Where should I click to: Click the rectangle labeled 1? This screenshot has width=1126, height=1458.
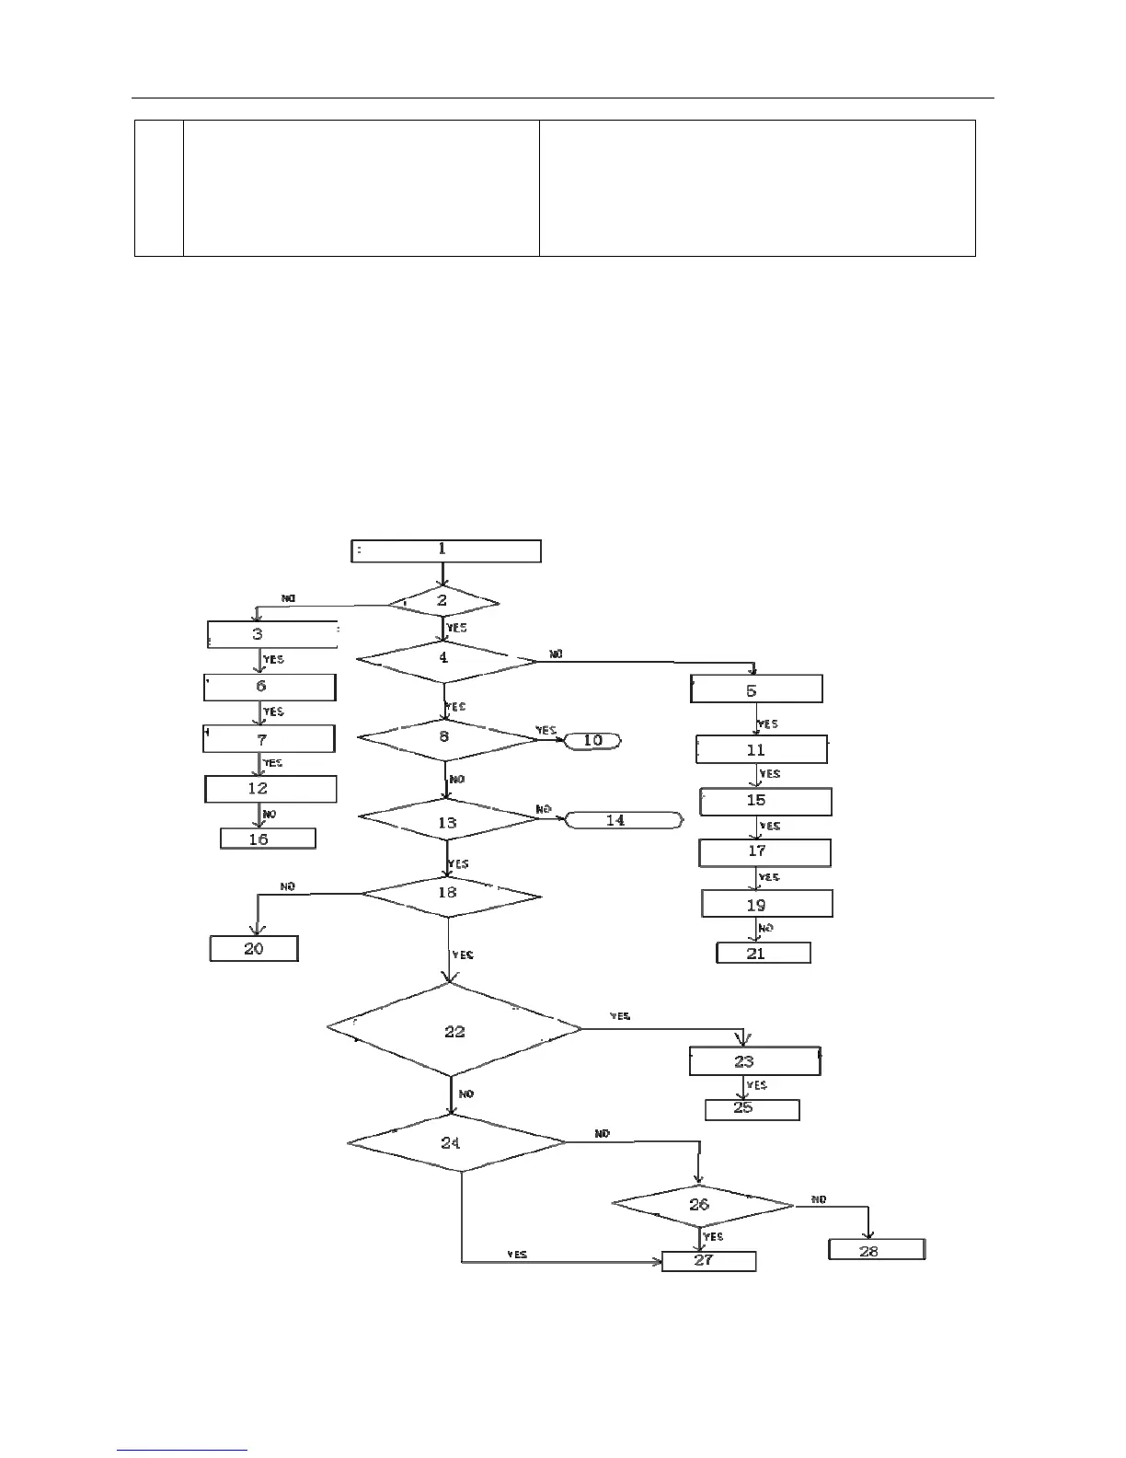[x=446, y=550]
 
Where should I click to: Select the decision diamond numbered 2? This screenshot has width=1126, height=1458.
[x=442, y=603]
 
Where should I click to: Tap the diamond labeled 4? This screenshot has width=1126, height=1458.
[x=446, y=660]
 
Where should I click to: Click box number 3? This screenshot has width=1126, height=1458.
[x=271, y=634]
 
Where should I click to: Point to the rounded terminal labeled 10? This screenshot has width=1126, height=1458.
[x=593, y=740]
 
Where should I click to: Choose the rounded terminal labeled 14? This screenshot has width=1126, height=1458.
[x=624, y=820]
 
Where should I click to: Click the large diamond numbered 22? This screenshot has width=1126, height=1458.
[x=454, y=1030]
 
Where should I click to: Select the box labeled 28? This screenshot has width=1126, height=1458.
[x=877, y=1250]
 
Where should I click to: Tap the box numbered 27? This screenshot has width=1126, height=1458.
[x=708, y=1261]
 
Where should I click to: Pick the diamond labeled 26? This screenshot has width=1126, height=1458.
[x=702, y=1205]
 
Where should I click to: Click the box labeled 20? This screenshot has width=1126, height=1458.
[x=254, y=948]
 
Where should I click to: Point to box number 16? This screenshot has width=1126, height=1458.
[x=268, y=839]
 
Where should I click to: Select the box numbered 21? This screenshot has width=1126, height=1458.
[x=763, y=954]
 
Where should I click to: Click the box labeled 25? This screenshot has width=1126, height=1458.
[x=752, y=1109]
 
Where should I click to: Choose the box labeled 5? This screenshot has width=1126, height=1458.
[x=756, y=689]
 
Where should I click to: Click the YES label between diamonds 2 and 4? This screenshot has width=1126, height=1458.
[x=456, y=628]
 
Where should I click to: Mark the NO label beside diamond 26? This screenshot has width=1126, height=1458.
[x=819, y=1199]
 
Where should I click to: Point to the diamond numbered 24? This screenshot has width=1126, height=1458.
[x=456, y=1143]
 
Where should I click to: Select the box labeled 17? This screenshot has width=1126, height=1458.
[x=764, y=852]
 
